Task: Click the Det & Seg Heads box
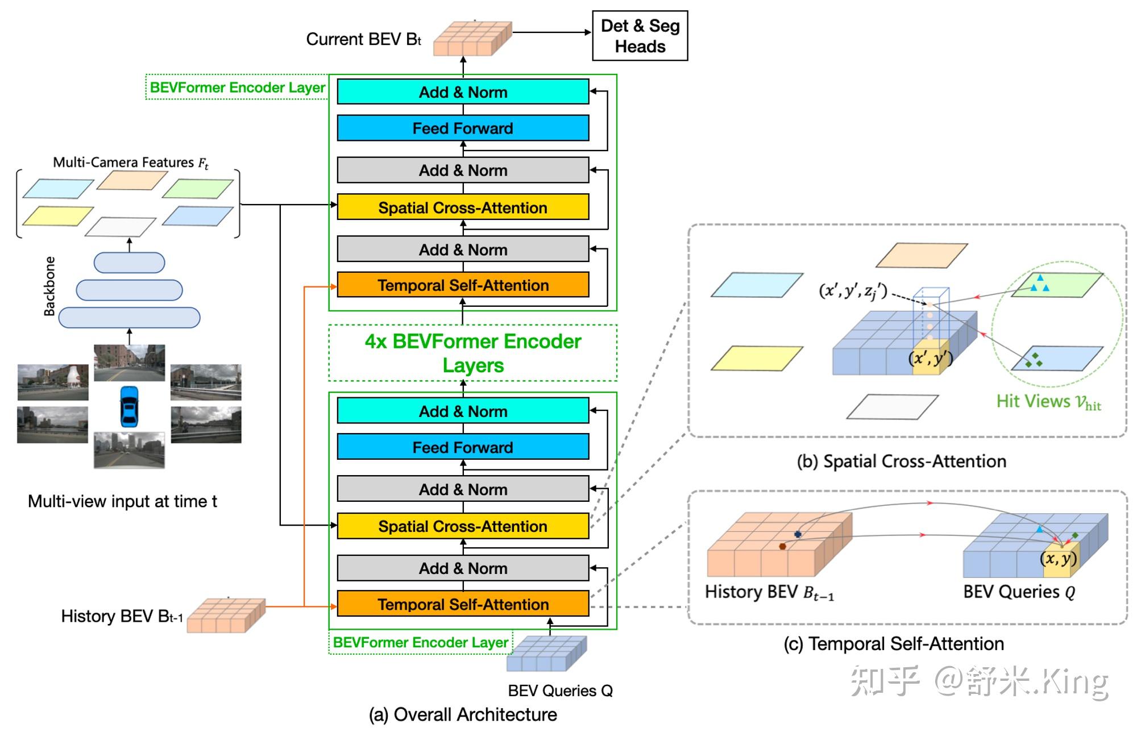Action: click(640, 36)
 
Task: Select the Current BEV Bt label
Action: click(363, 39)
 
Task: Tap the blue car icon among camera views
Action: click(129, 406)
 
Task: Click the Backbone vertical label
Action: click(50, 286)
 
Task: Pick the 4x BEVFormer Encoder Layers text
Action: click(473, 353)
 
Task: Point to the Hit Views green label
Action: click(1048, 402)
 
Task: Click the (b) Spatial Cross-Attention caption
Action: click(901, 461)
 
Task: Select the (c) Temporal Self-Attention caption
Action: click(894, 643)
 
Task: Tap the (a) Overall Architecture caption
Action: click(463, 714)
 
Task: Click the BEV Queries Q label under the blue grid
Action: click(560, 691)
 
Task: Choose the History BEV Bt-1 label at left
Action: click(122, 616)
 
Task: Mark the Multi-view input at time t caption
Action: click(122, 501)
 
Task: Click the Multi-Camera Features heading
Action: click(130, 163)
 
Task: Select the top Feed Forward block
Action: click(463, 128)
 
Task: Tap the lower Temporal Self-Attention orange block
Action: click(463, 604)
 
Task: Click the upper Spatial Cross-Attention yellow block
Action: click(463, 207)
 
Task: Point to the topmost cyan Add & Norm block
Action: click(463, 92)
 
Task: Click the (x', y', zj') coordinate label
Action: click(853, 291)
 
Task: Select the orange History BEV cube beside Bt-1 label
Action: click(226, 615)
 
